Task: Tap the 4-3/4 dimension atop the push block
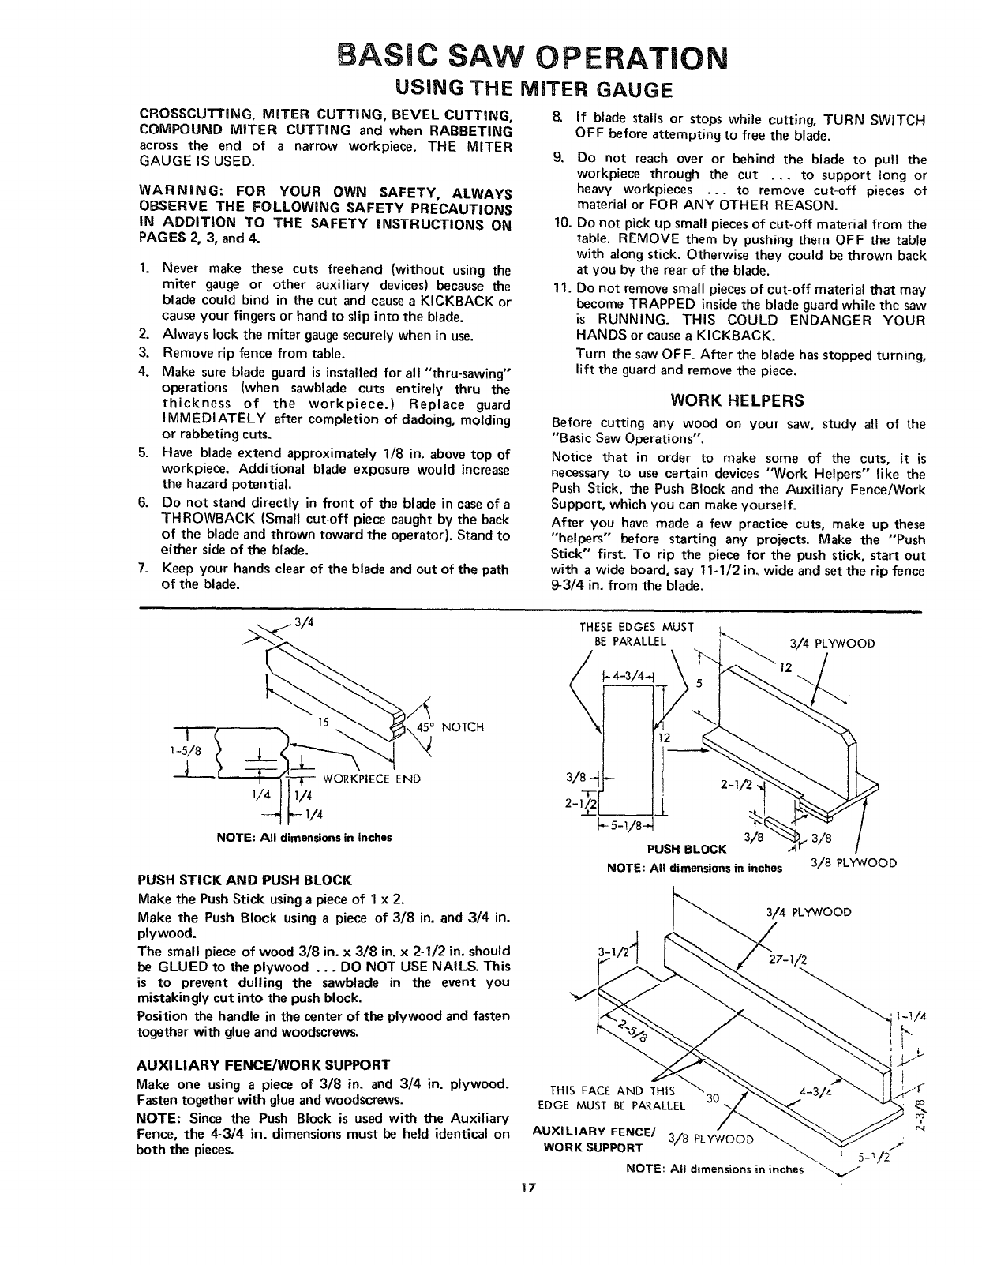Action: [628, 676]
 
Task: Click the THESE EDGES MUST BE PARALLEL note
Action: [635, 633]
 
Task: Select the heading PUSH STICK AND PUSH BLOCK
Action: [244, 880]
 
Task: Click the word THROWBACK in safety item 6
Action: [201, 519]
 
